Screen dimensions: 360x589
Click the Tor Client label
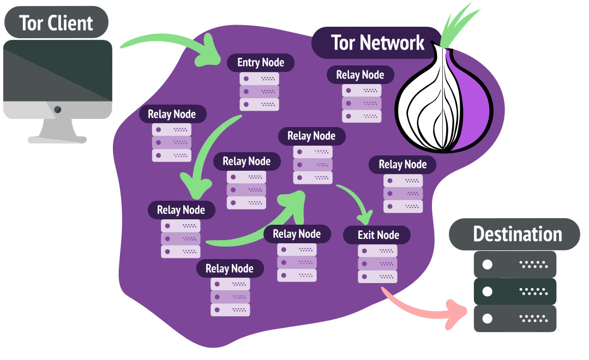click(56, 22)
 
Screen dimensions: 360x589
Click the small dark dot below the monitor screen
click(57, 110)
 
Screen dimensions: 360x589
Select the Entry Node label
click(260, 62)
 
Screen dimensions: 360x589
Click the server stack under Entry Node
click(259, 91)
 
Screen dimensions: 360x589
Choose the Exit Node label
click(378, 235)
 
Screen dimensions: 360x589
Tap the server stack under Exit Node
click(377, 263)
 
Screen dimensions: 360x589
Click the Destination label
click(517, 234)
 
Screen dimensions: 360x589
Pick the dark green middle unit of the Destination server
click(515, 291)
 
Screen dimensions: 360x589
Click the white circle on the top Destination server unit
click(488, 265)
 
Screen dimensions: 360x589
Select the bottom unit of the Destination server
click(515, 318)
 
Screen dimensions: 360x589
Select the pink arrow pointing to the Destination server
click(425, 308)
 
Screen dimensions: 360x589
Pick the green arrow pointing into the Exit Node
click(357, 202)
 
